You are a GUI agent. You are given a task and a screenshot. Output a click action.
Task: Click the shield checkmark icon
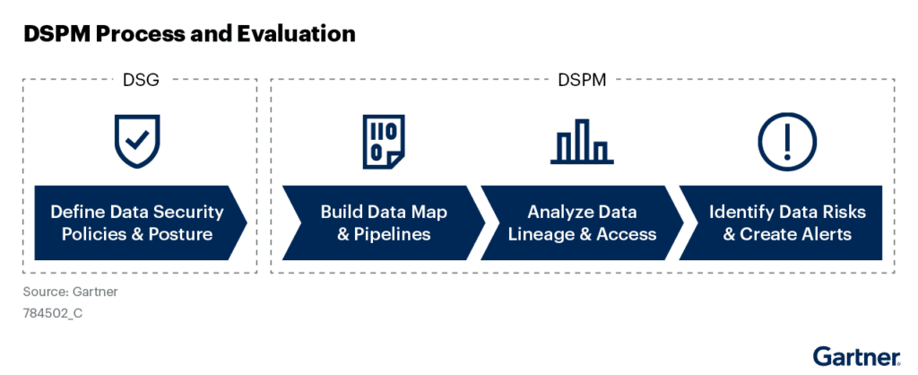137,141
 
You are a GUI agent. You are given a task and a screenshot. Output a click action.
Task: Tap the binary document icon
384,141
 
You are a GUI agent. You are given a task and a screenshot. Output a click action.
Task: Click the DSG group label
141,80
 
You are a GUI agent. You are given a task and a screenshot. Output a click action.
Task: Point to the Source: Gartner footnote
70,292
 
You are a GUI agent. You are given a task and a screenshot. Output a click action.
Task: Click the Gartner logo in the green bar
856,356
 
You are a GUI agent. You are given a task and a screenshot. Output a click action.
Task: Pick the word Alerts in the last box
826,234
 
